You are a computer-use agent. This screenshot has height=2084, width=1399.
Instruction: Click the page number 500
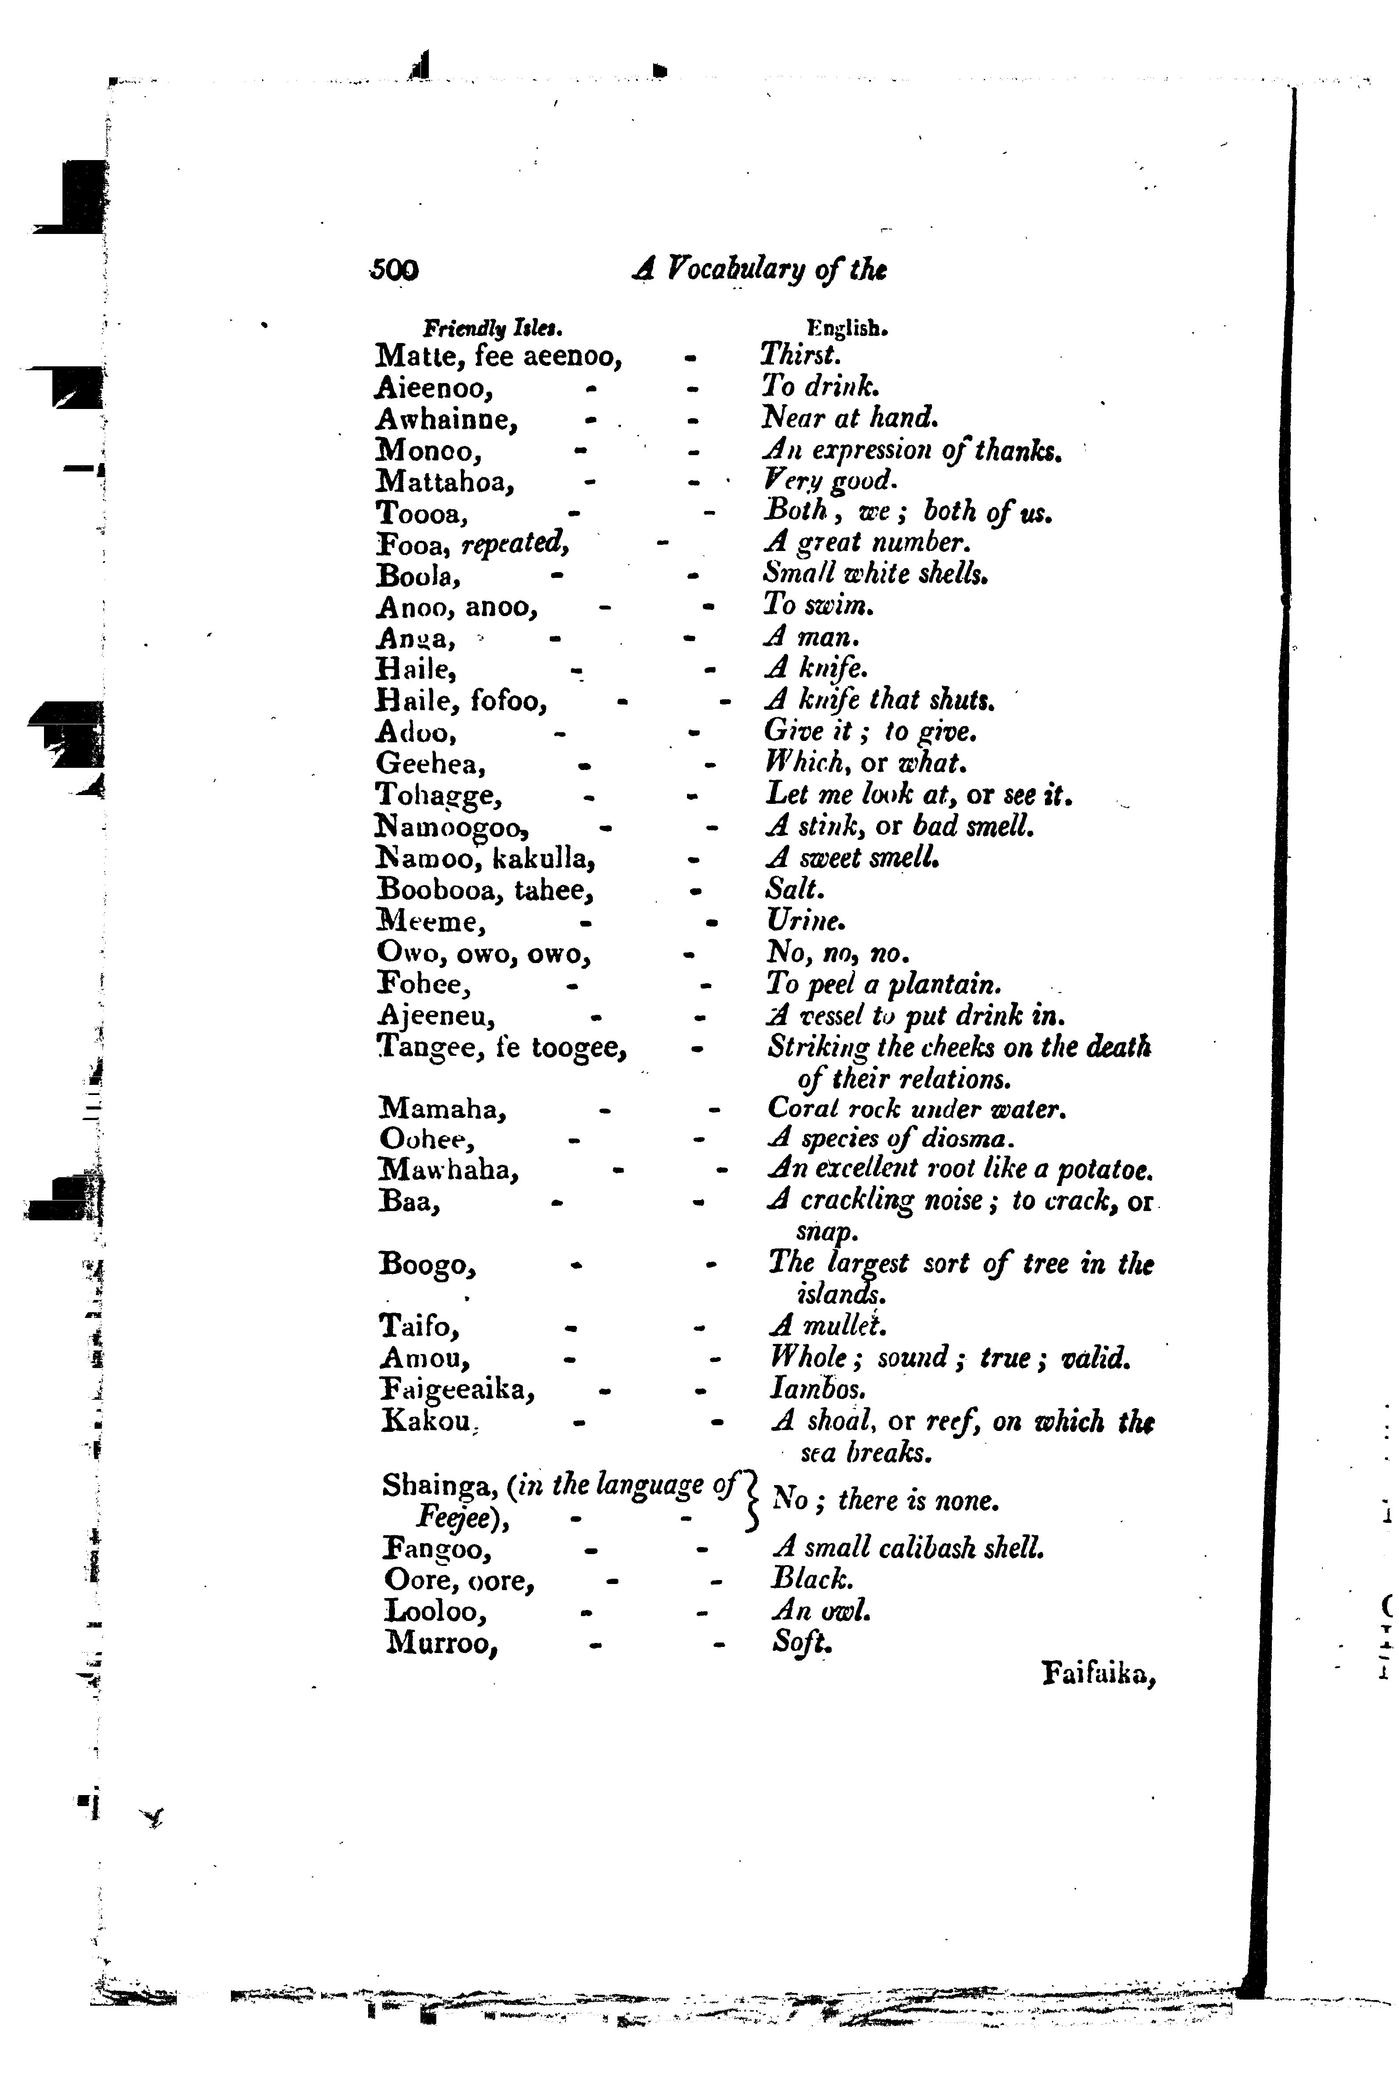tap(394, 270)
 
